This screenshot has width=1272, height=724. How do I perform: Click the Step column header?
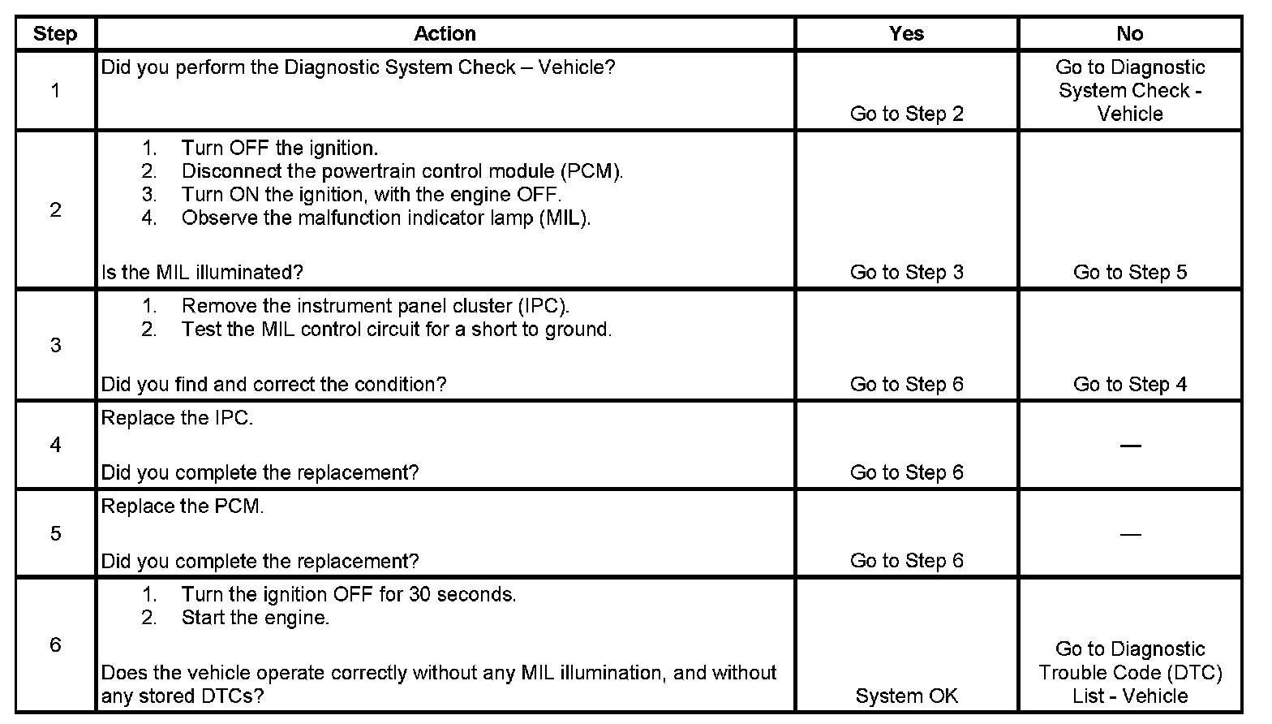coord(55,34)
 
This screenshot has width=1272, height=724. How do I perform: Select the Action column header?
coord(445,34)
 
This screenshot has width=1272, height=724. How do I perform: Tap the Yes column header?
coord(906,34)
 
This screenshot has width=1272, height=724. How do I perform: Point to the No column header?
coord(1129,34)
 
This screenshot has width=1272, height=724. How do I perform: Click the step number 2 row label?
coord(55,210)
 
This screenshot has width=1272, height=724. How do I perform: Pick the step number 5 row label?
coord(55,533)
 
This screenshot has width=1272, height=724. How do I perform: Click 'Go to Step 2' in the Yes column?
coord(906,114)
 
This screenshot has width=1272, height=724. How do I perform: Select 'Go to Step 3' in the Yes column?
coord(906,273)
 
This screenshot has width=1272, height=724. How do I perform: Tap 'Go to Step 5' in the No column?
coord(1129,273)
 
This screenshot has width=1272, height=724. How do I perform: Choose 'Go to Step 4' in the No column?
coord(1129,385)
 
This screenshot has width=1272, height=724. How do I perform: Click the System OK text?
coord(906,696)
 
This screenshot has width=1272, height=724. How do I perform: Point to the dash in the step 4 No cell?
coord(1129,446)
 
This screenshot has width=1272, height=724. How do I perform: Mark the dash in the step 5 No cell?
coord(1129,534)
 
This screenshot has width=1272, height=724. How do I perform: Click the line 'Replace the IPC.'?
coord(177,419)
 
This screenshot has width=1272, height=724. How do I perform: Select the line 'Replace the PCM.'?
coord(183,507)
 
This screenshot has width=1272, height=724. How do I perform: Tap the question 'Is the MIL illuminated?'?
coord(202,273)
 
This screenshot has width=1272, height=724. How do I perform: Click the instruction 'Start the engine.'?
coord(256,618)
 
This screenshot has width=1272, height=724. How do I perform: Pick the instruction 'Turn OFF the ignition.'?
coord(280,149)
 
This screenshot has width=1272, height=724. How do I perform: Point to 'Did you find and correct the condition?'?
coord(273,385)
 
